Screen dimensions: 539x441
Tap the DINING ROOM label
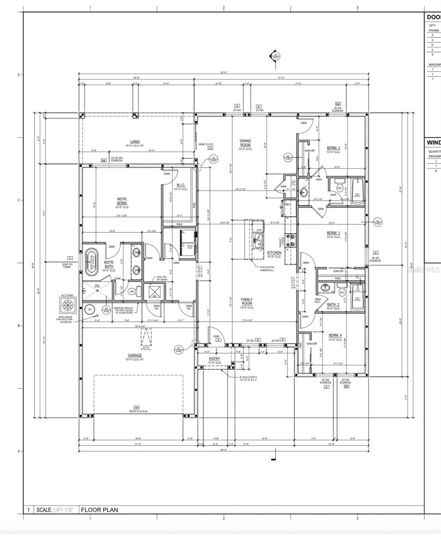pyautogui.click(x=245, y=143)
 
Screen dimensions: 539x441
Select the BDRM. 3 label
pyautogui.click(x=333, y=233)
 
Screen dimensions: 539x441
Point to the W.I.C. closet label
pyautogui.click(x=181, y=185)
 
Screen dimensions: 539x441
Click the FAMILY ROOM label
pyautogui.click(x=247, y=301)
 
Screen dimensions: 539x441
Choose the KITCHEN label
pyautogui.click(x=274, y=253)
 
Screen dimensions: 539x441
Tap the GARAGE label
pyautogui.click(x=135, y=355)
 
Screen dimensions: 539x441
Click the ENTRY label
pyautogui.click(x=214, y=358)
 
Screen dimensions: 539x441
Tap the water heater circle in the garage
pyautogui.click(x=89, y=309)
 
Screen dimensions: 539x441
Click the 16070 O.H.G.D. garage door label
pyautogui.click(x=138, y=411)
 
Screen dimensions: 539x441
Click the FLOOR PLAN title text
pyautogui.click(x=100, y=510)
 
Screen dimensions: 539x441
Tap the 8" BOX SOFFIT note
pyautogui.click(x=248, y=378)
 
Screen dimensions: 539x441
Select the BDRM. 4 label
pyautogui.click(x=335, y=336)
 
